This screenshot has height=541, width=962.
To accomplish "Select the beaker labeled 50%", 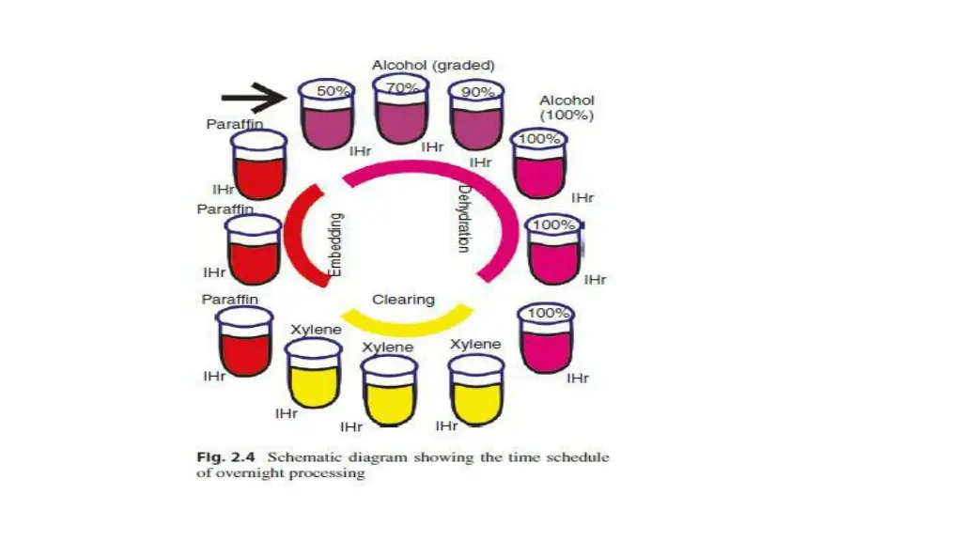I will click(x=325, y=116).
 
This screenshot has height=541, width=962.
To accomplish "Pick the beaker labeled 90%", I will click(x=475, y=116).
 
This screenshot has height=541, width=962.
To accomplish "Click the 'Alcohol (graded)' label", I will click(x=433, y=66).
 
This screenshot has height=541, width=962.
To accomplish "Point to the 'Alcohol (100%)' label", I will click(x=566, y=107).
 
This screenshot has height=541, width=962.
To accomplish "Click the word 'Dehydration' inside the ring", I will click(x=464, y=218).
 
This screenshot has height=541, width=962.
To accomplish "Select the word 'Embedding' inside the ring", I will click(x=336, y=244).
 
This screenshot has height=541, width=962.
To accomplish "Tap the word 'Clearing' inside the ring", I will click(x=403, y=300).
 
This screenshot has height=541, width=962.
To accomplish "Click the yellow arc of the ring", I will click(x=404, y=325).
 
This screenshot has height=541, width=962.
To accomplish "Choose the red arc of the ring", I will click(x=300, y=235).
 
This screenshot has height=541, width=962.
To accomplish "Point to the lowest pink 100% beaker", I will click(x=546, y=339).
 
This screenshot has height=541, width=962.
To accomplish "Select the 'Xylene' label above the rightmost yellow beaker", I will click(x=475, y=345).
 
